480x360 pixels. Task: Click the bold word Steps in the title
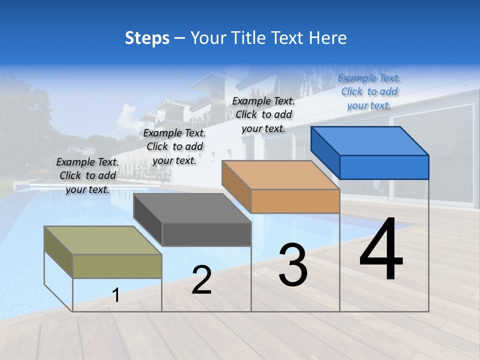click(x=147, y=38)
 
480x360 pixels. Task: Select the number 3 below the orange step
click(x=293, y=265)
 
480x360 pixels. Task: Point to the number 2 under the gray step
click(x=201, y=280)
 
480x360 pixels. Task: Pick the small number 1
click(x=116, y=295)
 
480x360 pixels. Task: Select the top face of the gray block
click(x=192, y=208)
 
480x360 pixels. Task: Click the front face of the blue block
click(x=384, y=167)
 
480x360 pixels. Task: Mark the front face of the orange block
click(x=295, y=201)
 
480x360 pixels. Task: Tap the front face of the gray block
click(x=206, y=234)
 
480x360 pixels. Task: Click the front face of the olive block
click(x=117, y=266)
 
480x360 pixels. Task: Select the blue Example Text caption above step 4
click(x=369, y=91)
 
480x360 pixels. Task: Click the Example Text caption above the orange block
click(x=263, y=114)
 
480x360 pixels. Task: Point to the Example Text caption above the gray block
click(x=174, y=146)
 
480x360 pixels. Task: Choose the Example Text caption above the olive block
click(x=87, y=175)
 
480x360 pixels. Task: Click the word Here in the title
click(x=328, y=38)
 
